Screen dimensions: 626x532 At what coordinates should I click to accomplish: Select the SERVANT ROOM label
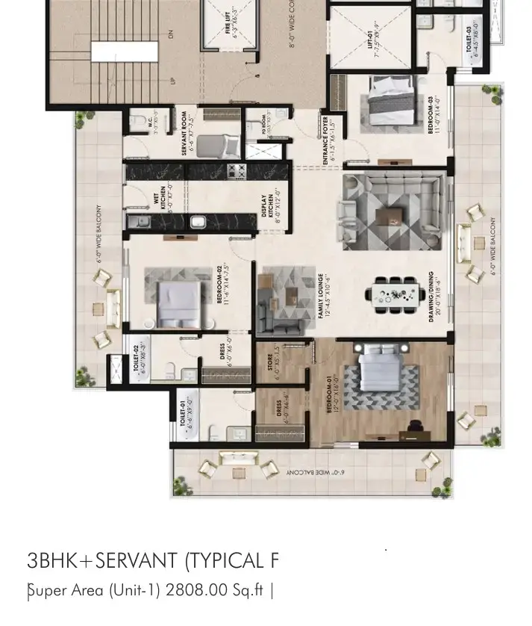[x=187, y=134]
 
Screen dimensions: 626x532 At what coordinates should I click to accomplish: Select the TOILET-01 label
[x=187, y=413]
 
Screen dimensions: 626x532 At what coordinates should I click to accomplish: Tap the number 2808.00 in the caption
[x=196, y=590]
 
